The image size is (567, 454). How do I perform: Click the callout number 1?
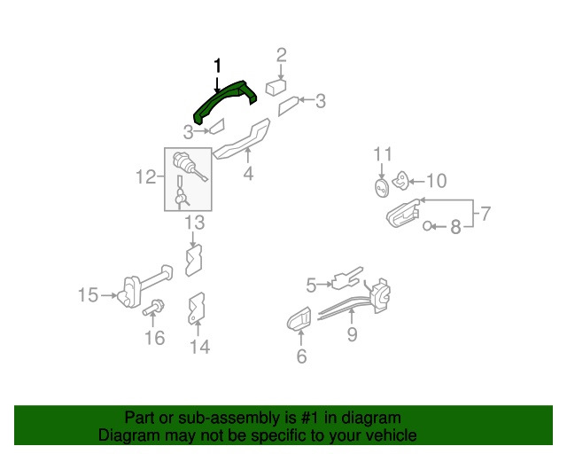pyautogui.click(x=217, y=66)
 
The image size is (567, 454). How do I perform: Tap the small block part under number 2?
pyautogui.click(x=275, y=88)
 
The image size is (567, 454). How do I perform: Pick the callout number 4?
pyautogui.click(x=248, y=174)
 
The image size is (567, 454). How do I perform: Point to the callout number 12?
pyautogui.click(x=145, y=178)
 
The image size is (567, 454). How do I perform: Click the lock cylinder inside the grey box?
pyautogui.click(x=189, y=167)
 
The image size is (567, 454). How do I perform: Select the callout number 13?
pyautogui.click(x=195, y=222)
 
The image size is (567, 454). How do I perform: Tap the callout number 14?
pyautogui.click(x=199, y=347)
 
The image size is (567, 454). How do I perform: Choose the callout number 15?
pyautogui.click(x=88, y=294)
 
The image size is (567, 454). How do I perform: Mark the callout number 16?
pyautogui.click(x=154, y=338)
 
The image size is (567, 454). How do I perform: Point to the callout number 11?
pyautogui.click(x=381, y=154)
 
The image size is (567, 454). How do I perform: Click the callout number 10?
pyautogui.click(x=436, y=182)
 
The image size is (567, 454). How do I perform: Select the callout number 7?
pyautogui.click(x=484, y=214)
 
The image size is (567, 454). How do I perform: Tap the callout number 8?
pyautogui.click(x=455, y=227)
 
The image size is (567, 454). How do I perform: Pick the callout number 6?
pyautogui.click(x=300, y=356)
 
